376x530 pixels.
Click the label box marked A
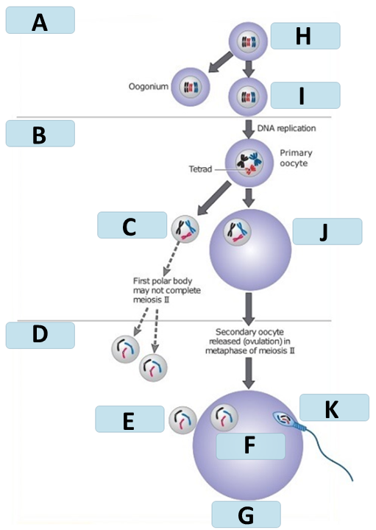coord(40,20)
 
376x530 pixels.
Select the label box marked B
coord(40,133)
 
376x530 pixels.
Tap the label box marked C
coord(132,225)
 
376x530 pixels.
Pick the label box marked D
coord(40,335)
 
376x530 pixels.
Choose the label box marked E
coord(130,419)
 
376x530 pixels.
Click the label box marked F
coord(250,446)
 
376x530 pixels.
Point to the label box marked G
coord(246,514)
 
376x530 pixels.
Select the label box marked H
coord(305,36)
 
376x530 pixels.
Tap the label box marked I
coord(305,95)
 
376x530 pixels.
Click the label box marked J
coord(327,232)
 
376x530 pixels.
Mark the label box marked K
coord(335,407)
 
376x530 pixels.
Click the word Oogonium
coord(149,87)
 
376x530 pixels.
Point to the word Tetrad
coord(200,169)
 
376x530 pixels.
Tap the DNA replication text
coord(286,128)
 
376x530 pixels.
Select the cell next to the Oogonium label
coord(191,87)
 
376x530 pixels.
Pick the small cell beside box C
coord(185,229)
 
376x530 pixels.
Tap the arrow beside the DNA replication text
coord(249,129)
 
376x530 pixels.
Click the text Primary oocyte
coord(296,158)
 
